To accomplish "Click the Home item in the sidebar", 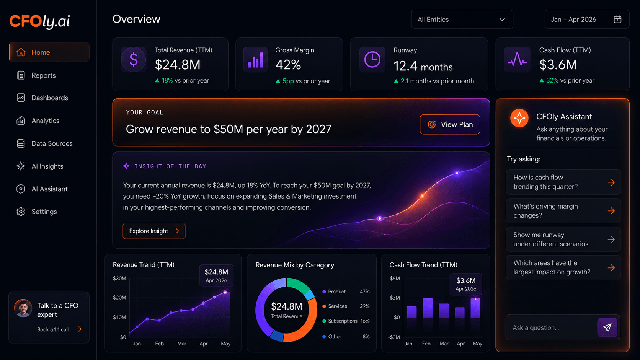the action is [49, 52].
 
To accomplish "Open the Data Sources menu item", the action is [44, 143].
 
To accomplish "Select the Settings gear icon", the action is [21, 212].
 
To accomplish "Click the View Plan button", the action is [450, 124].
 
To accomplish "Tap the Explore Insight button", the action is [154, 231].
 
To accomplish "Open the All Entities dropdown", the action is [462, 20].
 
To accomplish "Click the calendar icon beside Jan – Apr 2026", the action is [617, 19].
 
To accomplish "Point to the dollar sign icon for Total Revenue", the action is [134, 60].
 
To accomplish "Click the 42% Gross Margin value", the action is [288, 65].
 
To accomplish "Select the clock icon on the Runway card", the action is [372, 60].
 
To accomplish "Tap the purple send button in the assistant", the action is [607, 327].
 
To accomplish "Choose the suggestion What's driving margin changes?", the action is [563, 211].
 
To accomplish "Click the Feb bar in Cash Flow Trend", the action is [428, 308].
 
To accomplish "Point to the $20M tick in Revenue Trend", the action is [119, 298].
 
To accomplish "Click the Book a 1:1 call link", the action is [59, 329].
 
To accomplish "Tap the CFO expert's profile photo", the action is [23, 308].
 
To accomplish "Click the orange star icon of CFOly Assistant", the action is [519, 118].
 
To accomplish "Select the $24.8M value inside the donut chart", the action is [287, 306].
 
